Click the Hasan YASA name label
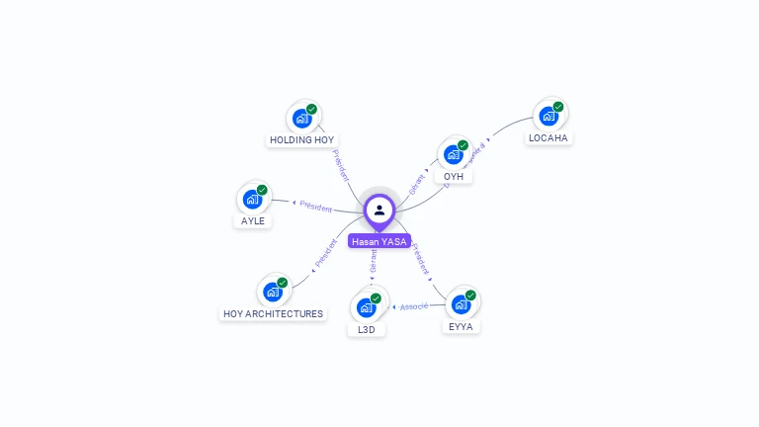click(379, 241)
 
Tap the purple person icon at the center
click(379, 210)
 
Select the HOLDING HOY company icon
click(302, 119)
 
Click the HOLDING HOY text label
click(302, 140)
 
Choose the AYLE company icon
click(253, 199)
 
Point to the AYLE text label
click(253, 221)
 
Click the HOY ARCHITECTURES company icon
click(273, 293)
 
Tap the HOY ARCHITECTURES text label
click(274, 314)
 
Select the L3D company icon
click(367, 306)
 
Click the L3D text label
click(367, 329)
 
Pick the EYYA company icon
click(462, 303)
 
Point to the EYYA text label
click(462, 325)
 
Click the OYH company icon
click(454, 154)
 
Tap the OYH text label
click(454, 177)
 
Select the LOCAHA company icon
click(548, 116)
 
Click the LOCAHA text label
click(548, 138)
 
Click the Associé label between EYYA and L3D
click(414, 306)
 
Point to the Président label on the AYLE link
click(316, 207)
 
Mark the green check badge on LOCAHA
click(558, 107)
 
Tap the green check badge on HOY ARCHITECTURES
click(283, 283)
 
